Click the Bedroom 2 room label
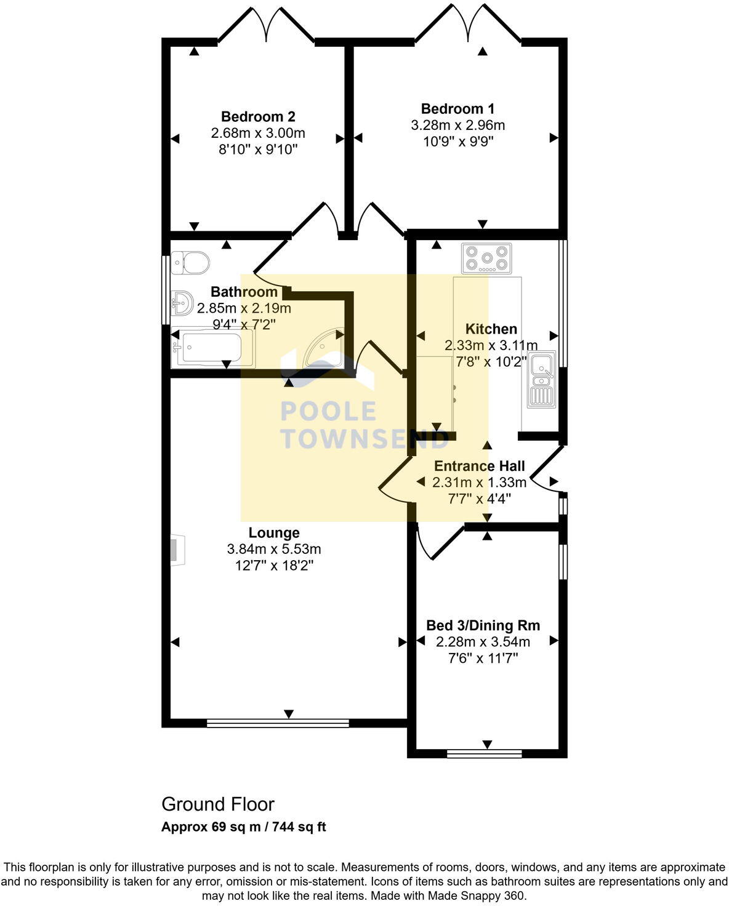(258, 117)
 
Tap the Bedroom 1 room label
(457, 109)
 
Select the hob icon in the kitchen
(487, 259)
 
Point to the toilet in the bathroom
(190, 263)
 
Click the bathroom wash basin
(182, 303)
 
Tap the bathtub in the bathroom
(212, 348)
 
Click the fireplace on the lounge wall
(178, 550)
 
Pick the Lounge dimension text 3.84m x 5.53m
(274, 549)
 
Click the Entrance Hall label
(480, 466)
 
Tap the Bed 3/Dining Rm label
(483, 625)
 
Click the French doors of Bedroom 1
(468, 26)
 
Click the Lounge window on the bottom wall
(278, 723)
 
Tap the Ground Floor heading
(218, 804)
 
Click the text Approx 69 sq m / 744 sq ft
(244, 827)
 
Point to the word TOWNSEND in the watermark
(363, 438)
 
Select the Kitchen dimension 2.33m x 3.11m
(491, 345)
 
